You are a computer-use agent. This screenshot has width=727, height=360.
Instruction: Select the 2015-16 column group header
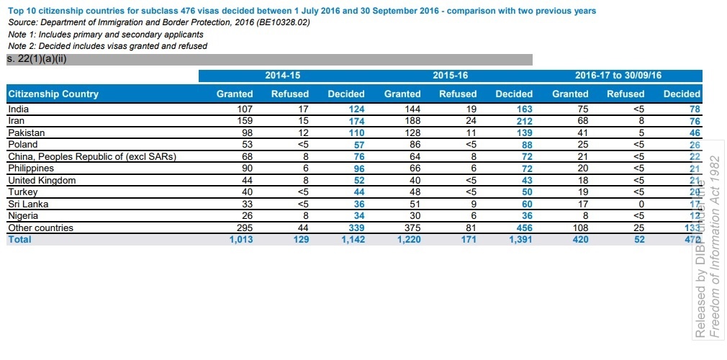point(450,75)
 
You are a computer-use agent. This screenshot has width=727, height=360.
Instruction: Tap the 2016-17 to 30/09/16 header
point(618,75)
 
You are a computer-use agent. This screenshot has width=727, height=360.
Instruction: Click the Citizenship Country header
point(53,94)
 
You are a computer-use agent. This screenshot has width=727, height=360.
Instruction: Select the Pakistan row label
point(26,133)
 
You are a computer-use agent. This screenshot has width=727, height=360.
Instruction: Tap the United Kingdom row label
point(42,180)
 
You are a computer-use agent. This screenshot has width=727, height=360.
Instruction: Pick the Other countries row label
point(41,228)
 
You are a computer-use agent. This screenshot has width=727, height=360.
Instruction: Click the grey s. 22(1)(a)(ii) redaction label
point(36,59)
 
